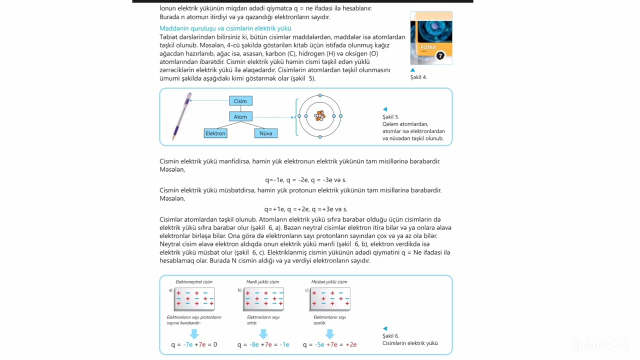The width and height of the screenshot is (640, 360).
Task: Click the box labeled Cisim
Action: pos(240,101)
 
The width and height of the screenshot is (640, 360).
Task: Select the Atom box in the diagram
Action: pos(240,116)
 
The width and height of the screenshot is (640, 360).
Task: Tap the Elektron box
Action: pos(215,133)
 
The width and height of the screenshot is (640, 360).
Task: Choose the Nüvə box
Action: pos(265,133)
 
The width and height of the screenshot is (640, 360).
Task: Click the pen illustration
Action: pos(182,116)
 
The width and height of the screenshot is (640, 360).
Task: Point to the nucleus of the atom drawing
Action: pos(320,116)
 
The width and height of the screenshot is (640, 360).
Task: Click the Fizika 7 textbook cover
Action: pos(431,38)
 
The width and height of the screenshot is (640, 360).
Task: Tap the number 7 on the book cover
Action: pos(440,56)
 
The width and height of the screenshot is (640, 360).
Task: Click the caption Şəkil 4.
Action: pos(418,77)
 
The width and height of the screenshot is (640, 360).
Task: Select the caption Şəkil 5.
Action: pos(390,116)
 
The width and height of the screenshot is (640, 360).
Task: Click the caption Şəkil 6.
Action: pos(390,336)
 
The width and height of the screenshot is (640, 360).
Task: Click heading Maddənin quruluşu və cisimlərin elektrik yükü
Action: pos(225,28)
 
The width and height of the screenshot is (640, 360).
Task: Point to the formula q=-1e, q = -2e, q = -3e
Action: pos(305,180)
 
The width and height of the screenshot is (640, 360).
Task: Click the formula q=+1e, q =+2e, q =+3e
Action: pos(305,209)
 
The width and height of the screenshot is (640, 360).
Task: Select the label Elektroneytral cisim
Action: pos(194,282)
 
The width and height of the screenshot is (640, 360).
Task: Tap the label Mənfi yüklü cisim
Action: pos(262,282)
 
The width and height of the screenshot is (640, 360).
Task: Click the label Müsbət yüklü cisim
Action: pos(329,282)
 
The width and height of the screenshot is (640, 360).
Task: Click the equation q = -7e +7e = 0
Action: pos(194,344)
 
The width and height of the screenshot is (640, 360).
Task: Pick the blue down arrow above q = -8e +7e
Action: pos(263,333)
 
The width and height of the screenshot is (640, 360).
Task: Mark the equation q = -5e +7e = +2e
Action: pos(329,344)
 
